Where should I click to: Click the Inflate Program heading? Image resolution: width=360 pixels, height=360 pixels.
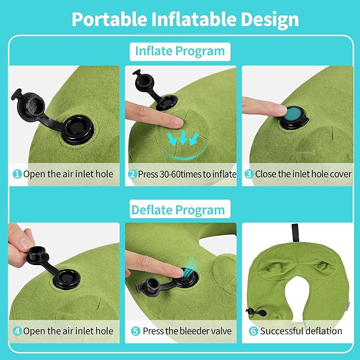point(180,51)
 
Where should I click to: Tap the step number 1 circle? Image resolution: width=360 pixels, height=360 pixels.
point(17,174)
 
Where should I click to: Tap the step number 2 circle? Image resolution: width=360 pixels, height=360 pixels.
point(133,174)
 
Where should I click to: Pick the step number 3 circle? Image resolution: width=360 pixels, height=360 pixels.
point(249,174)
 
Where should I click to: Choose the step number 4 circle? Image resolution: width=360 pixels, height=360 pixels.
point(17,331)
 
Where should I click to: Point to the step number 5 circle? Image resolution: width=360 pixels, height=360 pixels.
point(135,331)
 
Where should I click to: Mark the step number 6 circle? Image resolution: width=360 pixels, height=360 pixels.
point(253,331)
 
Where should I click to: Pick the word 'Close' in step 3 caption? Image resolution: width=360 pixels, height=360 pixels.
point(266,174)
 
